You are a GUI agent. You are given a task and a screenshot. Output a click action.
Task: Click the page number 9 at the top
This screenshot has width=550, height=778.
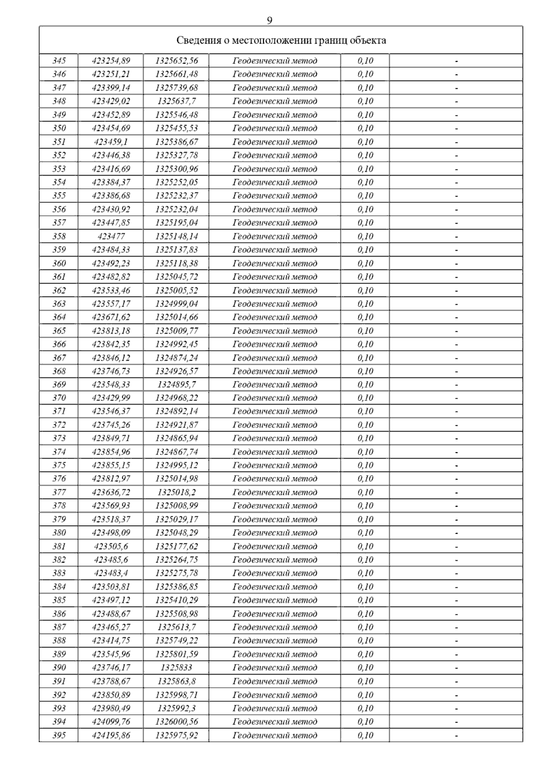click(269, 21)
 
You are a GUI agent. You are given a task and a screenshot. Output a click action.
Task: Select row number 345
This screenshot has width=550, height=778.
click(59, 60)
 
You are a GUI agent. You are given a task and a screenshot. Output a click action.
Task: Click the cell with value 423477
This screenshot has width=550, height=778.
click(111, 236)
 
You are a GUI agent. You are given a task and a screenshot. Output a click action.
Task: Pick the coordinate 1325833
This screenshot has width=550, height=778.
click(176, 668)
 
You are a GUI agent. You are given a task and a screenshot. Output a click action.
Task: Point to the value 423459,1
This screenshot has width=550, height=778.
click(111, 142)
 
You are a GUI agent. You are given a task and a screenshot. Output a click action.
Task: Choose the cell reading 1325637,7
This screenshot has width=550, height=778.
click(176, 101)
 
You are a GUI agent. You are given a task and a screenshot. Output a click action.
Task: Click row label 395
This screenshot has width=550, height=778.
click(59, 735)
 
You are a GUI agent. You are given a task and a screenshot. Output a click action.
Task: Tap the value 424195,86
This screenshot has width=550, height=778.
click(111, 735)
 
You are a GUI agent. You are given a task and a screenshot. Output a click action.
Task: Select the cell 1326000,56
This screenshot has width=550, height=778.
click(176, 722)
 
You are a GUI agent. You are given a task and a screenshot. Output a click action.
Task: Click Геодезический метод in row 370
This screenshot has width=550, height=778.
click(275, 398)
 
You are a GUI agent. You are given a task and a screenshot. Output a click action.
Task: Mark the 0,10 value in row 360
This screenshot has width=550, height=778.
click(365, 263)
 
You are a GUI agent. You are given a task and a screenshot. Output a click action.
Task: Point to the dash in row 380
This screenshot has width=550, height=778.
click(456, 533)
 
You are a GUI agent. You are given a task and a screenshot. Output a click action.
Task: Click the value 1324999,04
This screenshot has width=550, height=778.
click(176, 304)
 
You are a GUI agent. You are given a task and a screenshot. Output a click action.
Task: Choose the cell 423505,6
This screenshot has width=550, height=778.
click(111, 546)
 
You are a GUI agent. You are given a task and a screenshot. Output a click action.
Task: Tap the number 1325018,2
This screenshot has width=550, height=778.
click(176, 493)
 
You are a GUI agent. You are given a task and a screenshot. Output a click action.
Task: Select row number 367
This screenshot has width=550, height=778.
click(59, 358)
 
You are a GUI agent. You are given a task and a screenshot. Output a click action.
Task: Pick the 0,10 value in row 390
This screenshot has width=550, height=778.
click(365, 668)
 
